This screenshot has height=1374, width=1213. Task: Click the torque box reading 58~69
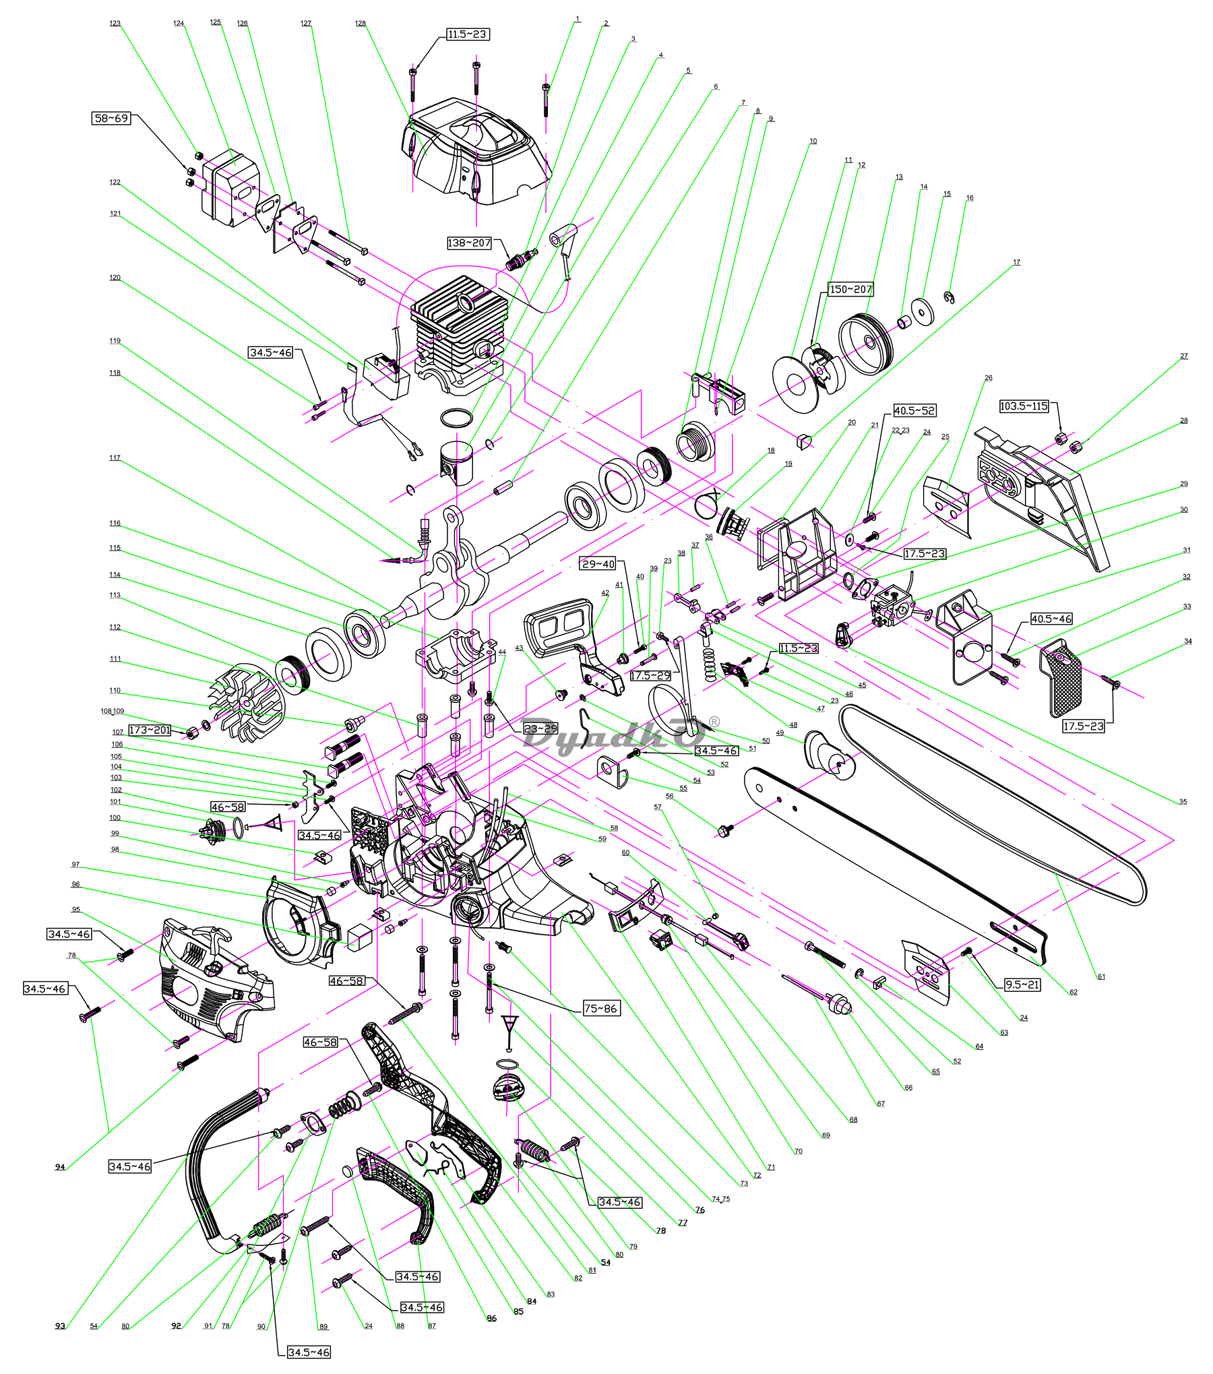pyautogui.click(x=111, y=119)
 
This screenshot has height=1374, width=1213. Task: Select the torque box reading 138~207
pyautogui.click(x=469, y=243)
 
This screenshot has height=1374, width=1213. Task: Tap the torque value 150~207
pyautogui.click(x=850, y=289)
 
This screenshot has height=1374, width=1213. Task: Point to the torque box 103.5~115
pyautogui.click(x=1024, y=406)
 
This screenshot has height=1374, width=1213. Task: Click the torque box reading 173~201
pyautogui.click(x=150, y=730)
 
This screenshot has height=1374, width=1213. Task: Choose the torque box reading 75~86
pyautogui.click(x=600, y=1008)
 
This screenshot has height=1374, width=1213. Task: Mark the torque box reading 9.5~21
pyautogui.click(x=1022, y=985)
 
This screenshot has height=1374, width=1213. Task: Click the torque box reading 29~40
pyautogui.click(x=598, y=564)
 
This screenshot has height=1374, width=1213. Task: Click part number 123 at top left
pyautogui.click(x=115, y=24)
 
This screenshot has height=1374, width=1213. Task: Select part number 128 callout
pyautogui.click(x=361, y=24)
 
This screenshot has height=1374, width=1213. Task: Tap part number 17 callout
pyautogui.click(x=1016, y=263)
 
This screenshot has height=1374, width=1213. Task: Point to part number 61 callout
pyautogui.click(x=1101, y=976)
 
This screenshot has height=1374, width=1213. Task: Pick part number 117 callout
pyautogui.click(x=115, y=458)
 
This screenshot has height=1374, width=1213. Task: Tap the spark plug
pyautogui.click(x=522, y=258)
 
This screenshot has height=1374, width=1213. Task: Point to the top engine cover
pyautogui.click(x=475, y=156)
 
